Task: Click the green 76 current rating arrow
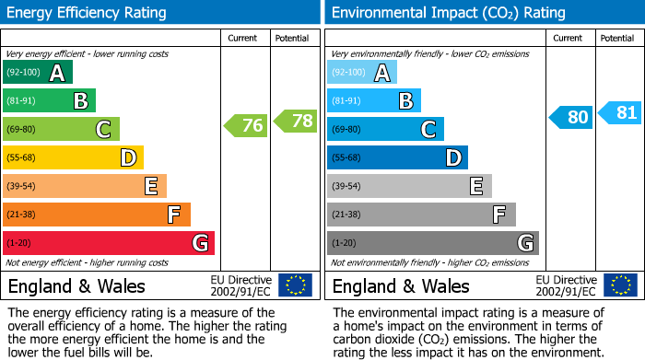point(245,126)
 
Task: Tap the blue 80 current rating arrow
point(570,117)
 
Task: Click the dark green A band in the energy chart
point(38,73)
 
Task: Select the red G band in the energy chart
point(109,243)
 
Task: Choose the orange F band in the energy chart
point(97,215)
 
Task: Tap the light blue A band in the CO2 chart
point(362,73)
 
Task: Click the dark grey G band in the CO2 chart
point(433,243)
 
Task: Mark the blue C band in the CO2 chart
point(385,129)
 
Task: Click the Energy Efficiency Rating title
point(88,13)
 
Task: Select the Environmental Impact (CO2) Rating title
point(448,13)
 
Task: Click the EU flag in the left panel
point(295,285)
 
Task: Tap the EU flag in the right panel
point(619,285)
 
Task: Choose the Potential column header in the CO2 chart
point(617,38)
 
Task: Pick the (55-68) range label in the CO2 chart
point(347,157)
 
